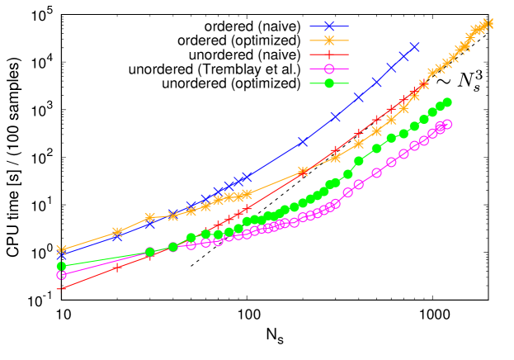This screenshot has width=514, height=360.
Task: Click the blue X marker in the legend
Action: [329, 26]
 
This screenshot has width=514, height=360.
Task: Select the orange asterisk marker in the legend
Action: [329, 40]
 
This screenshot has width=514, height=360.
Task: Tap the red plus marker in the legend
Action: [329, 54]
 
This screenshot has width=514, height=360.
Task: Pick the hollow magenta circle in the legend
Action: [329, 69]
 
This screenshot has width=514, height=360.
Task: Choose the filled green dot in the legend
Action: [329, 83]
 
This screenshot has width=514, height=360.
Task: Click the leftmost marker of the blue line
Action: [61, 256]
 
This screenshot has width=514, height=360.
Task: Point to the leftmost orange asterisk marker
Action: [61, 249]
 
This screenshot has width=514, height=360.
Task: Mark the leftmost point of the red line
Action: [61, 289]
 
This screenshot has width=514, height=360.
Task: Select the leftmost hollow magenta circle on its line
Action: [61, 274]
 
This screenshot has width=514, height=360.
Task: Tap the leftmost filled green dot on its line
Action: [61, 266]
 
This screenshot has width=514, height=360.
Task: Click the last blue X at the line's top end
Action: [414, 47]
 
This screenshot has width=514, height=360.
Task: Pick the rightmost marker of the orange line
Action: [488, 23]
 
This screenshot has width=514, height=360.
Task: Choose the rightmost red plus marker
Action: [423, 83]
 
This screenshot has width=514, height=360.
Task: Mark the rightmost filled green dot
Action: [447, 102]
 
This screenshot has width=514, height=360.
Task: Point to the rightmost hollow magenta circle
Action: [447, 124]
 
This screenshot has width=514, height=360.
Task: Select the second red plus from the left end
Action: [117, 267]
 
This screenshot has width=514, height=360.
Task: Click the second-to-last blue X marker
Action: [403, 56]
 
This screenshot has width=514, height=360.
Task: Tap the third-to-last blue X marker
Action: [390, 68]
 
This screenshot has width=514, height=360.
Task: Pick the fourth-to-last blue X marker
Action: [376, 82]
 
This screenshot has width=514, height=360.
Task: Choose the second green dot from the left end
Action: [149, 252]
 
